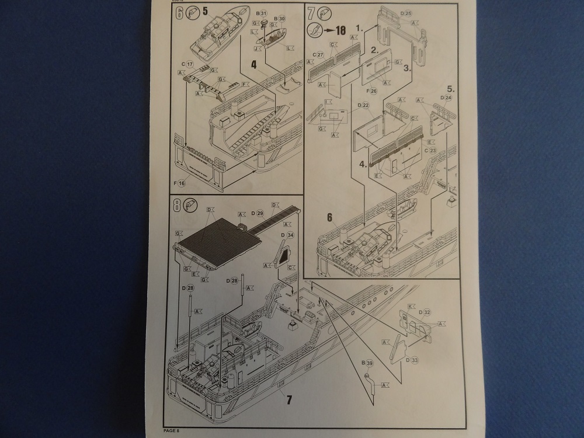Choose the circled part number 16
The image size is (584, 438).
click(182, 183)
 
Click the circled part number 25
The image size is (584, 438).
click(408, 13)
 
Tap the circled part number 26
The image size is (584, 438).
click(373, 91)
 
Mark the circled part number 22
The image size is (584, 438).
click(365, 106)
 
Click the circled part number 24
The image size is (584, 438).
click(448, 98)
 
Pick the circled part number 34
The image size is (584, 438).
click(290, 235)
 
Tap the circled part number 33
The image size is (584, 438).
click(415, 361)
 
